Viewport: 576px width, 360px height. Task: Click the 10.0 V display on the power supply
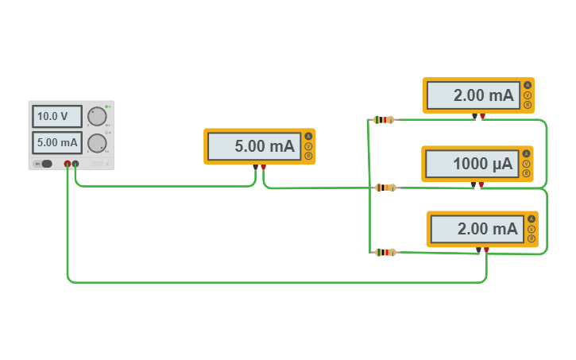coord(57,117)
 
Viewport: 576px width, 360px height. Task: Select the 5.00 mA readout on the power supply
coord(57,143)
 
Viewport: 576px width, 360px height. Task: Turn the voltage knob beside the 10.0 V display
coord(97,117)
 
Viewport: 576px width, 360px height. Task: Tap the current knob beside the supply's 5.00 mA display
coord(97,143)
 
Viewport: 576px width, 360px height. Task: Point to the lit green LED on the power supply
coord(106,106)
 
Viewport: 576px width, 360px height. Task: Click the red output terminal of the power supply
coord(68,165)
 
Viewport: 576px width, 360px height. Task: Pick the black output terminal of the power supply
coord(75,165)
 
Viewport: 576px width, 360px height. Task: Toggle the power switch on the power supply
coord(45,164)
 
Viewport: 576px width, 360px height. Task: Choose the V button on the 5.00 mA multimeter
coord(308,146)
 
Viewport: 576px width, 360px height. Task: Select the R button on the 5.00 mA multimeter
coord(308,156)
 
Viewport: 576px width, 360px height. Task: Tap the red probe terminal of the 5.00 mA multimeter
coord(263,167)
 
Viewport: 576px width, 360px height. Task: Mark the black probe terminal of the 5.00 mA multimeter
coord(255,167)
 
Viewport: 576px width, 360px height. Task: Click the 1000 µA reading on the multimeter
coord(469,164)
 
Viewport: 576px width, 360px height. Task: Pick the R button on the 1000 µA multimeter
coord(526,173)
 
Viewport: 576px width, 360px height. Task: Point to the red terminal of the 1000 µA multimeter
coord(481,184)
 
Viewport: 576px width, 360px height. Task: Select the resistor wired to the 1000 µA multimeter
coord(385,188)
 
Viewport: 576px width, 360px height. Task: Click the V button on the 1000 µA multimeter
coord(526,164)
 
